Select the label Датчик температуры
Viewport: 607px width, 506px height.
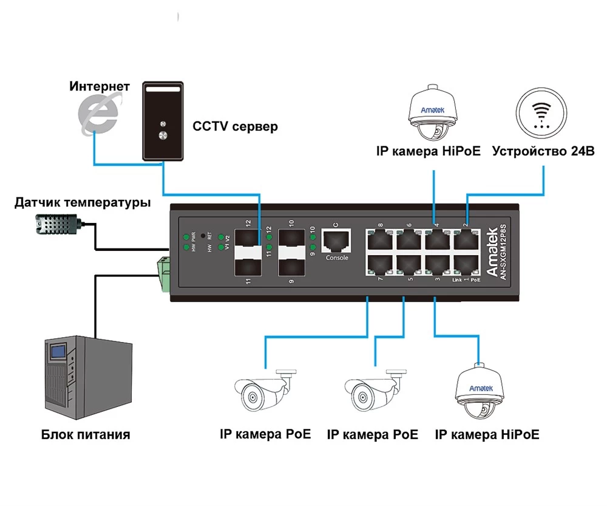coord(83,202)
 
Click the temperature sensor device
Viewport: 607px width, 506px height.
coord(55,226)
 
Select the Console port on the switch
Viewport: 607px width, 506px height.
coord(336,241)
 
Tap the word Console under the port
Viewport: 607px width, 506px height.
coord(337,258)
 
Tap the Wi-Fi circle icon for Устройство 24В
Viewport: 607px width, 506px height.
coord(542,114)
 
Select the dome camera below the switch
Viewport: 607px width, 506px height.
coord(478,392)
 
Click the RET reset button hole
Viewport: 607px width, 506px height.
coord(203,234)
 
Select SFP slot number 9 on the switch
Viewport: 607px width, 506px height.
coord(291,265)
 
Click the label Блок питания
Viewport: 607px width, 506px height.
coord(86,434)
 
